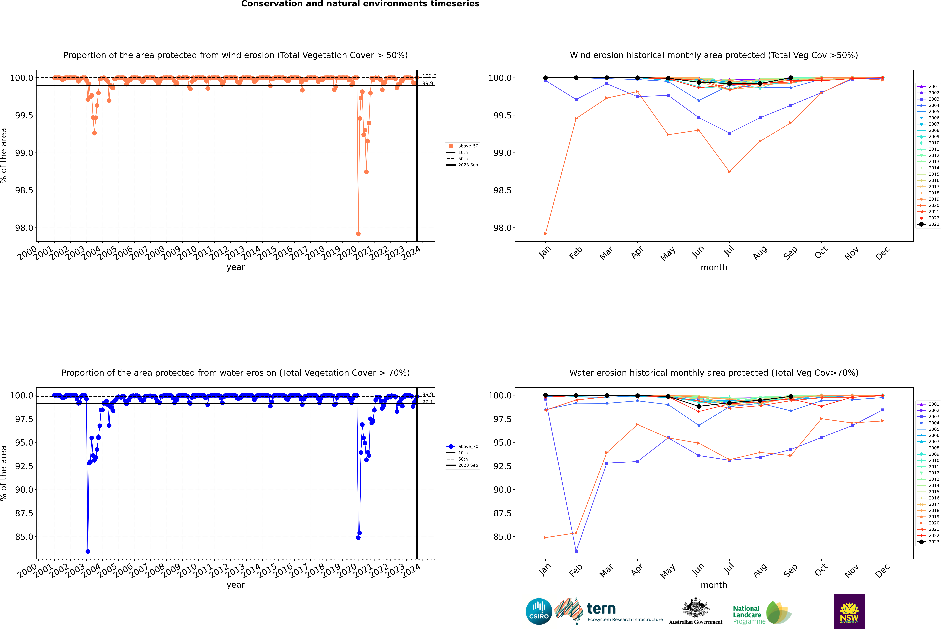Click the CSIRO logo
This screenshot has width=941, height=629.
[x=539, y=611]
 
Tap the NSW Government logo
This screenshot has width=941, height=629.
[x=849, y=611]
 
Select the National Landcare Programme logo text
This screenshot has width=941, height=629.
[x=747, y=615]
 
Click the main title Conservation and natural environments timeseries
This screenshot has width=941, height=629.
[x=360, y=4]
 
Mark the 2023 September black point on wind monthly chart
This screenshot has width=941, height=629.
[x=791, y=78]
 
